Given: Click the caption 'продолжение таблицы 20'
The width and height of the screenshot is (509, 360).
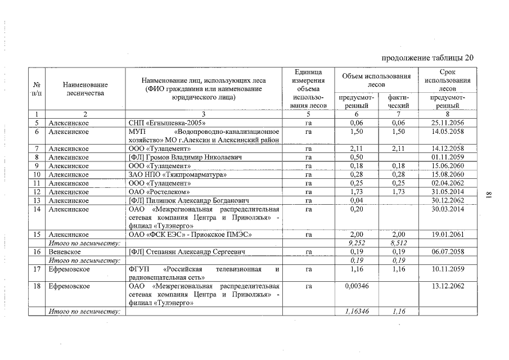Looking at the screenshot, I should pos(428,57).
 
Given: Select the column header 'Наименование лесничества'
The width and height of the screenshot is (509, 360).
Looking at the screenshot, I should pos(85,88).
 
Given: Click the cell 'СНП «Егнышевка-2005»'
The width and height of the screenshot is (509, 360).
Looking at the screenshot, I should pos(164,123).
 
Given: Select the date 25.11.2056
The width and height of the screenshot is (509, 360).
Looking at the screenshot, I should pos(448,123).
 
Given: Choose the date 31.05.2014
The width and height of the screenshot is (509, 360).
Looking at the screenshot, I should pos(448,192).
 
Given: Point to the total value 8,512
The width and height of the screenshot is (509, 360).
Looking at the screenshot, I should pos(398,243).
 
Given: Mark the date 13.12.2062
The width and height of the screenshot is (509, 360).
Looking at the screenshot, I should pos(448,286).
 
